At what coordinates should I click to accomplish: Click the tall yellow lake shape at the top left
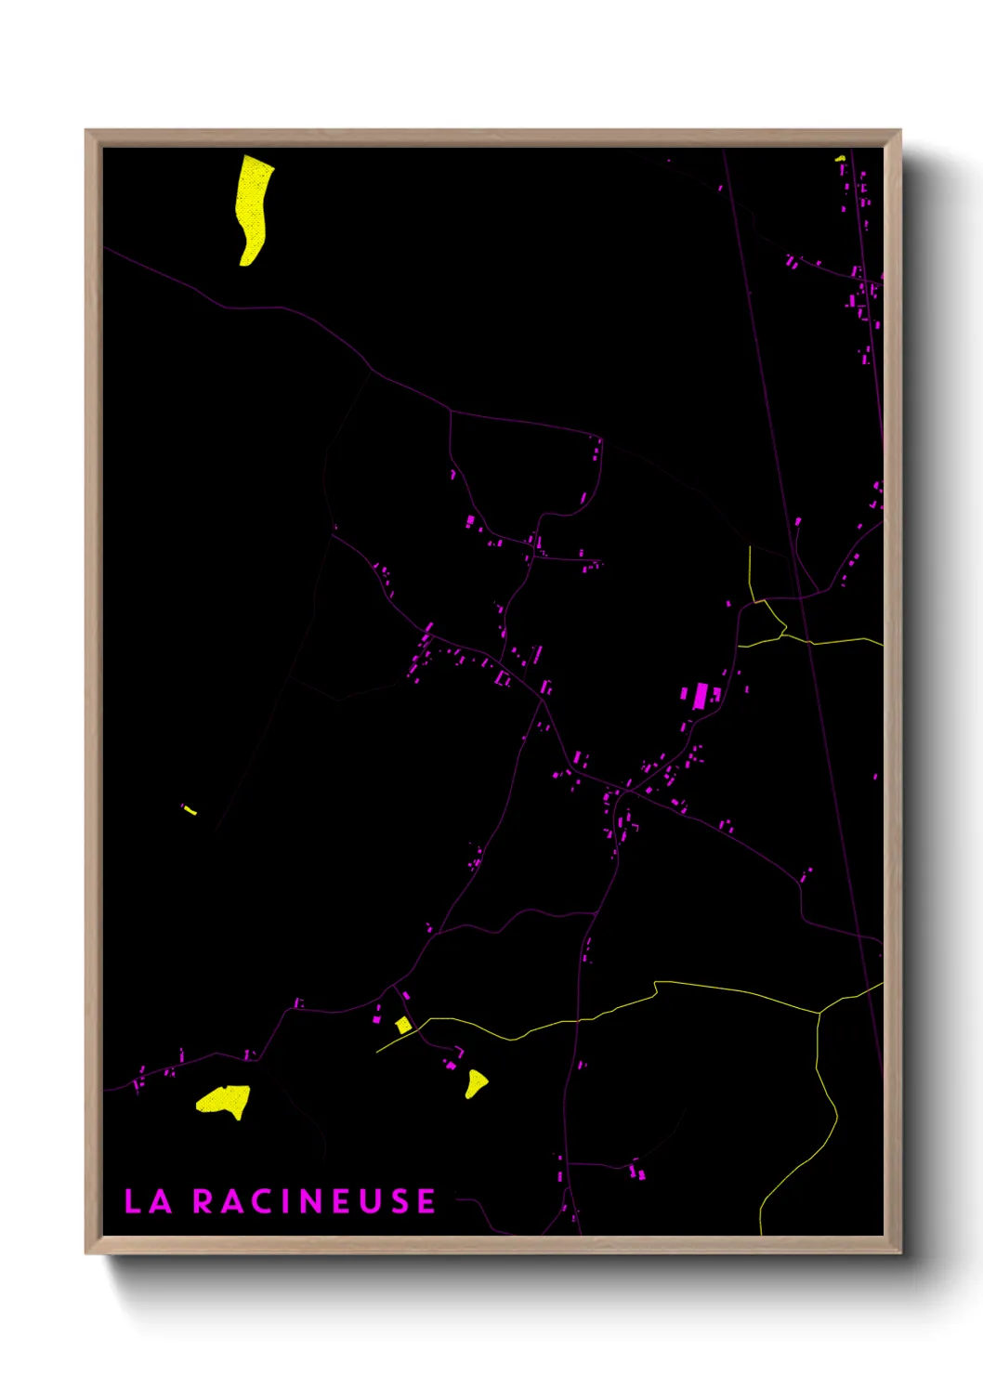pyautogui.click(x=252, y=207)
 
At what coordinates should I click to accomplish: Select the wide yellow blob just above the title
pyautogui.click(x=224, y=1101)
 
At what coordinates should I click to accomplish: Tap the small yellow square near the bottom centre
pyautogui.click(x=403, y=1025)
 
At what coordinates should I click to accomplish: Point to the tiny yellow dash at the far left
pyautogui.click(x=190, y=810)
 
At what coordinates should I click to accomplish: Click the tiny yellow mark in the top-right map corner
pyautogui.click(x=840, y=159)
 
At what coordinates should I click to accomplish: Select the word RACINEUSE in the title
pyautogui.click(x=314, y=1201)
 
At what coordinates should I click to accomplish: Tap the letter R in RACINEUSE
pyautogui.click(x=203, y=1201)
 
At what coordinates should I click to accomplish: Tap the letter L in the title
pyautogui.click(x=133, y=1201)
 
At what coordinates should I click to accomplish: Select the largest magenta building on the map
pyautogui.click(x=701, y=696)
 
